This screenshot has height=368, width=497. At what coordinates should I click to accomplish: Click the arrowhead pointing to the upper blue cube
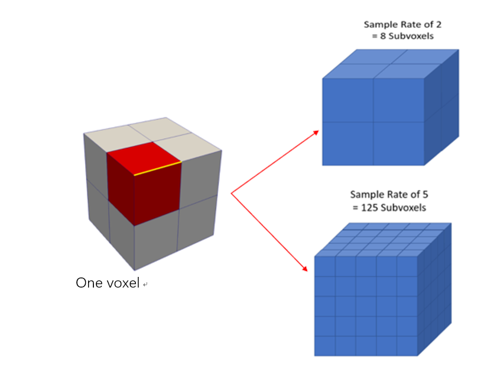316,132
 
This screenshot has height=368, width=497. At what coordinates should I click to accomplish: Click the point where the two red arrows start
231,193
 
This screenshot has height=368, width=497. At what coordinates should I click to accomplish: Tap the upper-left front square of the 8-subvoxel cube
347,100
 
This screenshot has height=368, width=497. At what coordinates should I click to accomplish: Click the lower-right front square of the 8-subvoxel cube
399,143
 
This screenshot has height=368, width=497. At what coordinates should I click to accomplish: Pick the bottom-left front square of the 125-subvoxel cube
324,346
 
